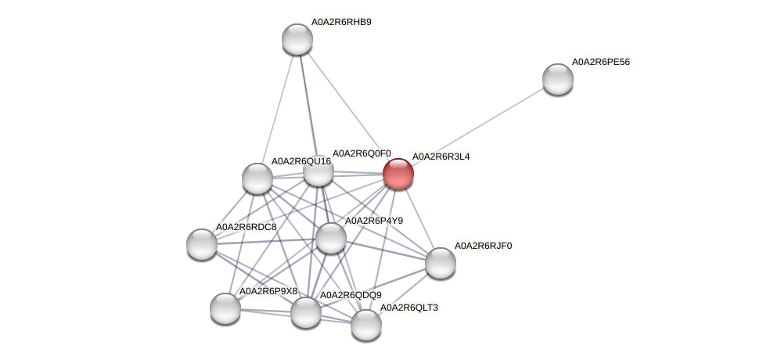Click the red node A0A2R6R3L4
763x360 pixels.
pos(398,173)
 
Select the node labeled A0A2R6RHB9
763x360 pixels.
pos(297,39)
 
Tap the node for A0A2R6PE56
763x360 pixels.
pos(557,78)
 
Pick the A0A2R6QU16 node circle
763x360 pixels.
pos(257,178)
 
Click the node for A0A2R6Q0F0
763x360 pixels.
pos(318,171)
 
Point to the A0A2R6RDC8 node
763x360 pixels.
pos(201,243)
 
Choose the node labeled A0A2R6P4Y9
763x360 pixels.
pos(330,238)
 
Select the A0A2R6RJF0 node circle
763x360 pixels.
pos(440,262)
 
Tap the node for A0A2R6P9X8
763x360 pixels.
pos(225,308)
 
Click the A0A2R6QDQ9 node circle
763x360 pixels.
pos(305,312)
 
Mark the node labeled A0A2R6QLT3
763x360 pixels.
pos(365,324)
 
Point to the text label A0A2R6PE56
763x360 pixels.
pos(600,62)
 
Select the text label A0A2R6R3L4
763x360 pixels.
pos(441,157)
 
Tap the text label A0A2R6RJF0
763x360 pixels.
pos(483,246)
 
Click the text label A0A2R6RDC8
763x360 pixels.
pos(246,227)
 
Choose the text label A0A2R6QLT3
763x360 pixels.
pos(408,308)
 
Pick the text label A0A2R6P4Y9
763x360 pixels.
pos(373,221)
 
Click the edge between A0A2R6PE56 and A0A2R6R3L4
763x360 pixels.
pos(477,125)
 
